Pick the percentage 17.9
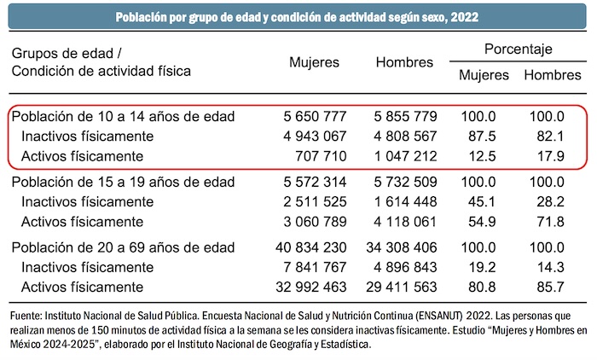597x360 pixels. tap(547, 156)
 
